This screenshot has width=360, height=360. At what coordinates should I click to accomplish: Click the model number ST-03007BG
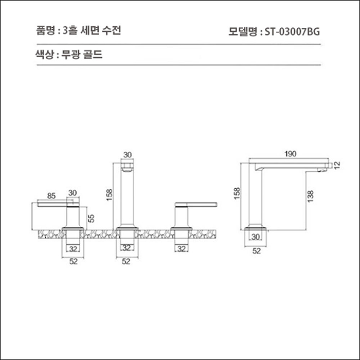[292, 31]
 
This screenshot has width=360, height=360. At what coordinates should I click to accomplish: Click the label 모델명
[244, 31]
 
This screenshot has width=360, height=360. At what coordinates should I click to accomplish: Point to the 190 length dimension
[291, 153]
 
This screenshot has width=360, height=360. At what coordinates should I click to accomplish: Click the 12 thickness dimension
[337, 165]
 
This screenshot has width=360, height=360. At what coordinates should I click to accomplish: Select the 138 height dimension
[310, 199]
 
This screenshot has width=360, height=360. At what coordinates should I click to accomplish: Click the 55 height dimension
[91, 218]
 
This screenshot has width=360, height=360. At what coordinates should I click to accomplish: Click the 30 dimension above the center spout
[128, 154]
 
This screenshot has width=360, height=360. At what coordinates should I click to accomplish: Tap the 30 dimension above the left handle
[73, 193]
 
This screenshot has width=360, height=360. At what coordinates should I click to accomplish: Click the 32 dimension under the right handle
[181, 249]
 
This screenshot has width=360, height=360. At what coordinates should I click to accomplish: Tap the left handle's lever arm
[51, 205]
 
